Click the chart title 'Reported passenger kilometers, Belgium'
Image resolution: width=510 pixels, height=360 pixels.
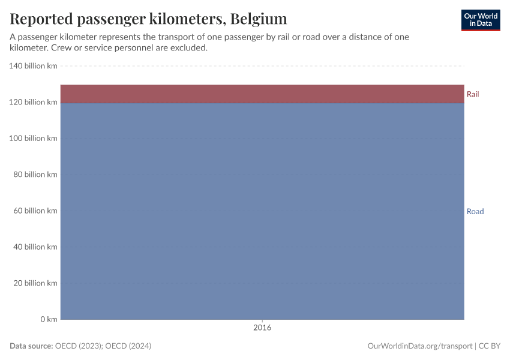tap(148, 19)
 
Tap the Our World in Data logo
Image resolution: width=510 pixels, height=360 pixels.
tap(480, 20)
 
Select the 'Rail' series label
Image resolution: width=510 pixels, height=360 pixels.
tap(473, 94)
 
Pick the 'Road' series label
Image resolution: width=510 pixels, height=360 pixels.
tap(475, 211)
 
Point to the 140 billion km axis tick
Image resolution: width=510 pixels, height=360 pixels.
tap(33, 66)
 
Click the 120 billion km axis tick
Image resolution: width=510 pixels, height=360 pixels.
tap(33, 102)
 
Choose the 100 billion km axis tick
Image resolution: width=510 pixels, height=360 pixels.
tap(33, 138)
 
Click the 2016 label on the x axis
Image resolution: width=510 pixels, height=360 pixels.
tap(262, 328)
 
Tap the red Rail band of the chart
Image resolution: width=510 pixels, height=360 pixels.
tap(262, 94)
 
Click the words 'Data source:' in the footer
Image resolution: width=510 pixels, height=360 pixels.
tap(31, 346)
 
